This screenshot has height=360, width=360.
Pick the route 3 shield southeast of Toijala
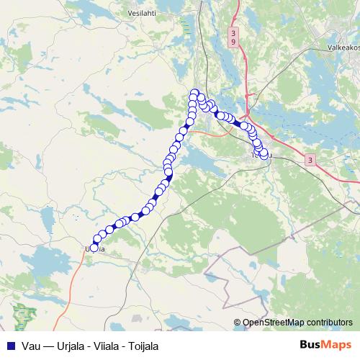click(x=309, y=159)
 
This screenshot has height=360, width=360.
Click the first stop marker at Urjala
click(x=94, y=248)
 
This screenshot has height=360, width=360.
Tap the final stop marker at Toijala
click(x=264, y=153)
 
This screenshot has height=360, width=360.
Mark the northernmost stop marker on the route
click(x=194, y=92)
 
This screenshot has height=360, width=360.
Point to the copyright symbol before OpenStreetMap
click(x=237, y=323)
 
